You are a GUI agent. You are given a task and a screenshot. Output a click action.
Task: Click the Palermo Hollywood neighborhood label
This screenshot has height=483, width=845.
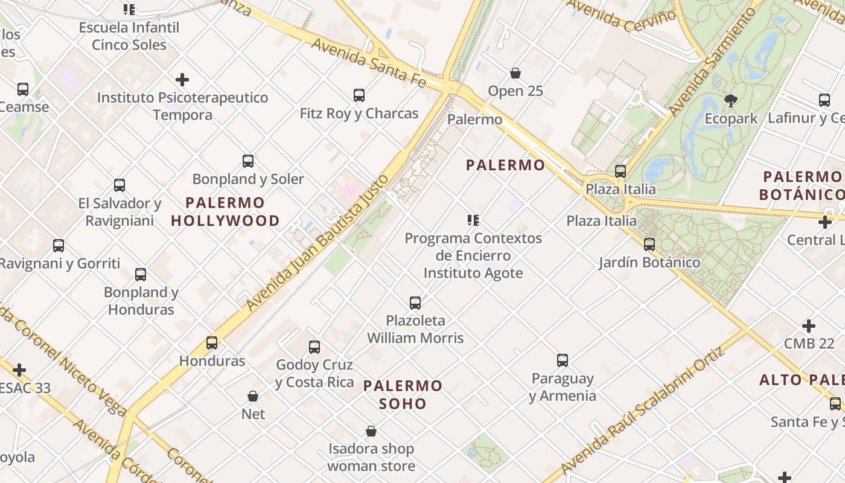pyautogui.click(x=225, y=212)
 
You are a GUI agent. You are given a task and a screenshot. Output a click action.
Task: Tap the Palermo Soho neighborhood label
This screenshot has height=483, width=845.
pyautogui.click(x=403, y=394)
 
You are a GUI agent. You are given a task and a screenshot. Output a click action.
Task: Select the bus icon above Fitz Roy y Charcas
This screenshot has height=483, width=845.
pyautogui.click(x=359, y=95)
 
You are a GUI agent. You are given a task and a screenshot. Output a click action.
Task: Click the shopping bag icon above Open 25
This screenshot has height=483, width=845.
pyautogui.click(x=515, y=73)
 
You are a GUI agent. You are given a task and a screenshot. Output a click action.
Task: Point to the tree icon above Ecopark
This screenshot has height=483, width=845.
pyautogui.click(x=731, y=100)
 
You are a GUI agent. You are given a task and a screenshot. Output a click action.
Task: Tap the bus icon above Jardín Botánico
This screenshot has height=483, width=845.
pyautogui.click(x=649, y=245)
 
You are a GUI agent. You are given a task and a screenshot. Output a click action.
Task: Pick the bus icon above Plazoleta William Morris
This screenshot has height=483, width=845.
pyautogui.click(x=415, y=302)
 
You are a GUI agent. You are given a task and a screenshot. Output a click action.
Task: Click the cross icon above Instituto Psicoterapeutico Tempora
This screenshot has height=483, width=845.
pyautogui.click(x=182, y=80)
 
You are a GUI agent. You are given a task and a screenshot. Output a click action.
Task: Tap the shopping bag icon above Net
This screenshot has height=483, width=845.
pyautogui.click(x=253, y=396)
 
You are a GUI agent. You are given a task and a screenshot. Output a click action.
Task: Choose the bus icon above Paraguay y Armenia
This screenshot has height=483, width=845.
pyautogui.click(x=563, y=360)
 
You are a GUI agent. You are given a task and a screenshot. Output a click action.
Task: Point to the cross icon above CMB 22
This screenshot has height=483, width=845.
pyautogui.click(x=809, y=326)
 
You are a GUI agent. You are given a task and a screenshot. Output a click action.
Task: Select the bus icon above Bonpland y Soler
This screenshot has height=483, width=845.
pyautogui.click(x=248, y=161)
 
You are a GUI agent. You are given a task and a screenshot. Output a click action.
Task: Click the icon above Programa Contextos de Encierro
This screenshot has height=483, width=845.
pyautogui.click(x=473, y=220)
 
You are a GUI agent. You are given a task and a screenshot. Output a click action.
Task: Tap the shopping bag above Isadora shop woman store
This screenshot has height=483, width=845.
pyautogui.click(x=371, y=431)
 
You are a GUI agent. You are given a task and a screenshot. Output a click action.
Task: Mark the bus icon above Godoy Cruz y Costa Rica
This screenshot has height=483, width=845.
pyautogui.click(x=314, y=347)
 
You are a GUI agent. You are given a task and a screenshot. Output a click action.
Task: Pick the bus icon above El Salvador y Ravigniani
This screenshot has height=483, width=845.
pyautogui.click(x=120, y=185)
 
